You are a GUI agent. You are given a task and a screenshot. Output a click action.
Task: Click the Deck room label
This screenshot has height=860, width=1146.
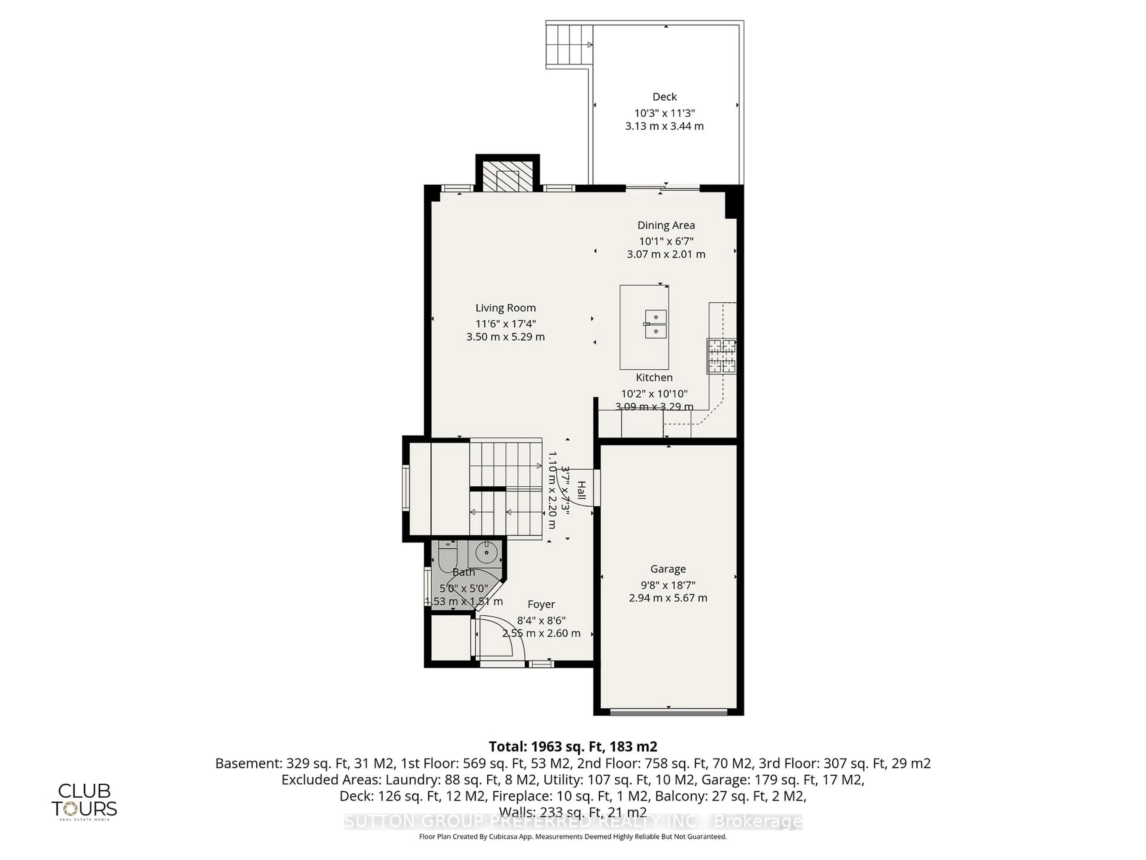[x=664, y=97]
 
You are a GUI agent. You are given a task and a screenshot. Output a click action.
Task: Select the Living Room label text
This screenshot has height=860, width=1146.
[x=505, y=308]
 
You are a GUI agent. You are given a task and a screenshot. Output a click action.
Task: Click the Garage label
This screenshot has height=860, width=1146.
[x=668, y=569]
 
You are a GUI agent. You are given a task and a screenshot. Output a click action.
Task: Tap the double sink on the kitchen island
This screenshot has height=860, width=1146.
[x=655, y=324]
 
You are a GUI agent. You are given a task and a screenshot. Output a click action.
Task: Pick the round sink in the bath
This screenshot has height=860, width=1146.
[x=486, y=553]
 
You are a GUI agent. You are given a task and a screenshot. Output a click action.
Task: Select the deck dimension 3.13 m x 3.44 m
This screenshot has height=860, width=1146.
[x=664, y=126]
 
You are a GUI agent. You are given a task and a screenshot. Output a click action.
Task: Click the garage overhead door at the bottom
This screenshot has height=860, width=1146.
[x=668, y=712]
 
